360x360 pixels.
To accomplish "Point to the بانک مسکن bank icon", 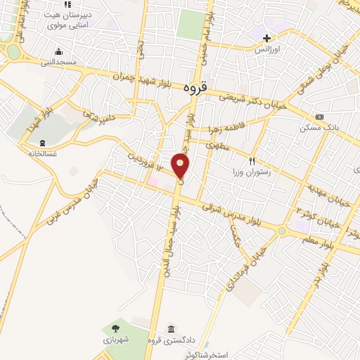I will click(320, 117).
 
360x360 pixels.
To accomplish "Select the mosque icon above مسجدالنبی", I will click(58, 51).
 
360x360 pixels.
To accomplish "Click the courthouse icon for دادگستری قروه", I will click(171, 328).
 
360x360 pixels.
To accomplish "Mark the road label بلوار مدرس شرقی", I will click(240, 214).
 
